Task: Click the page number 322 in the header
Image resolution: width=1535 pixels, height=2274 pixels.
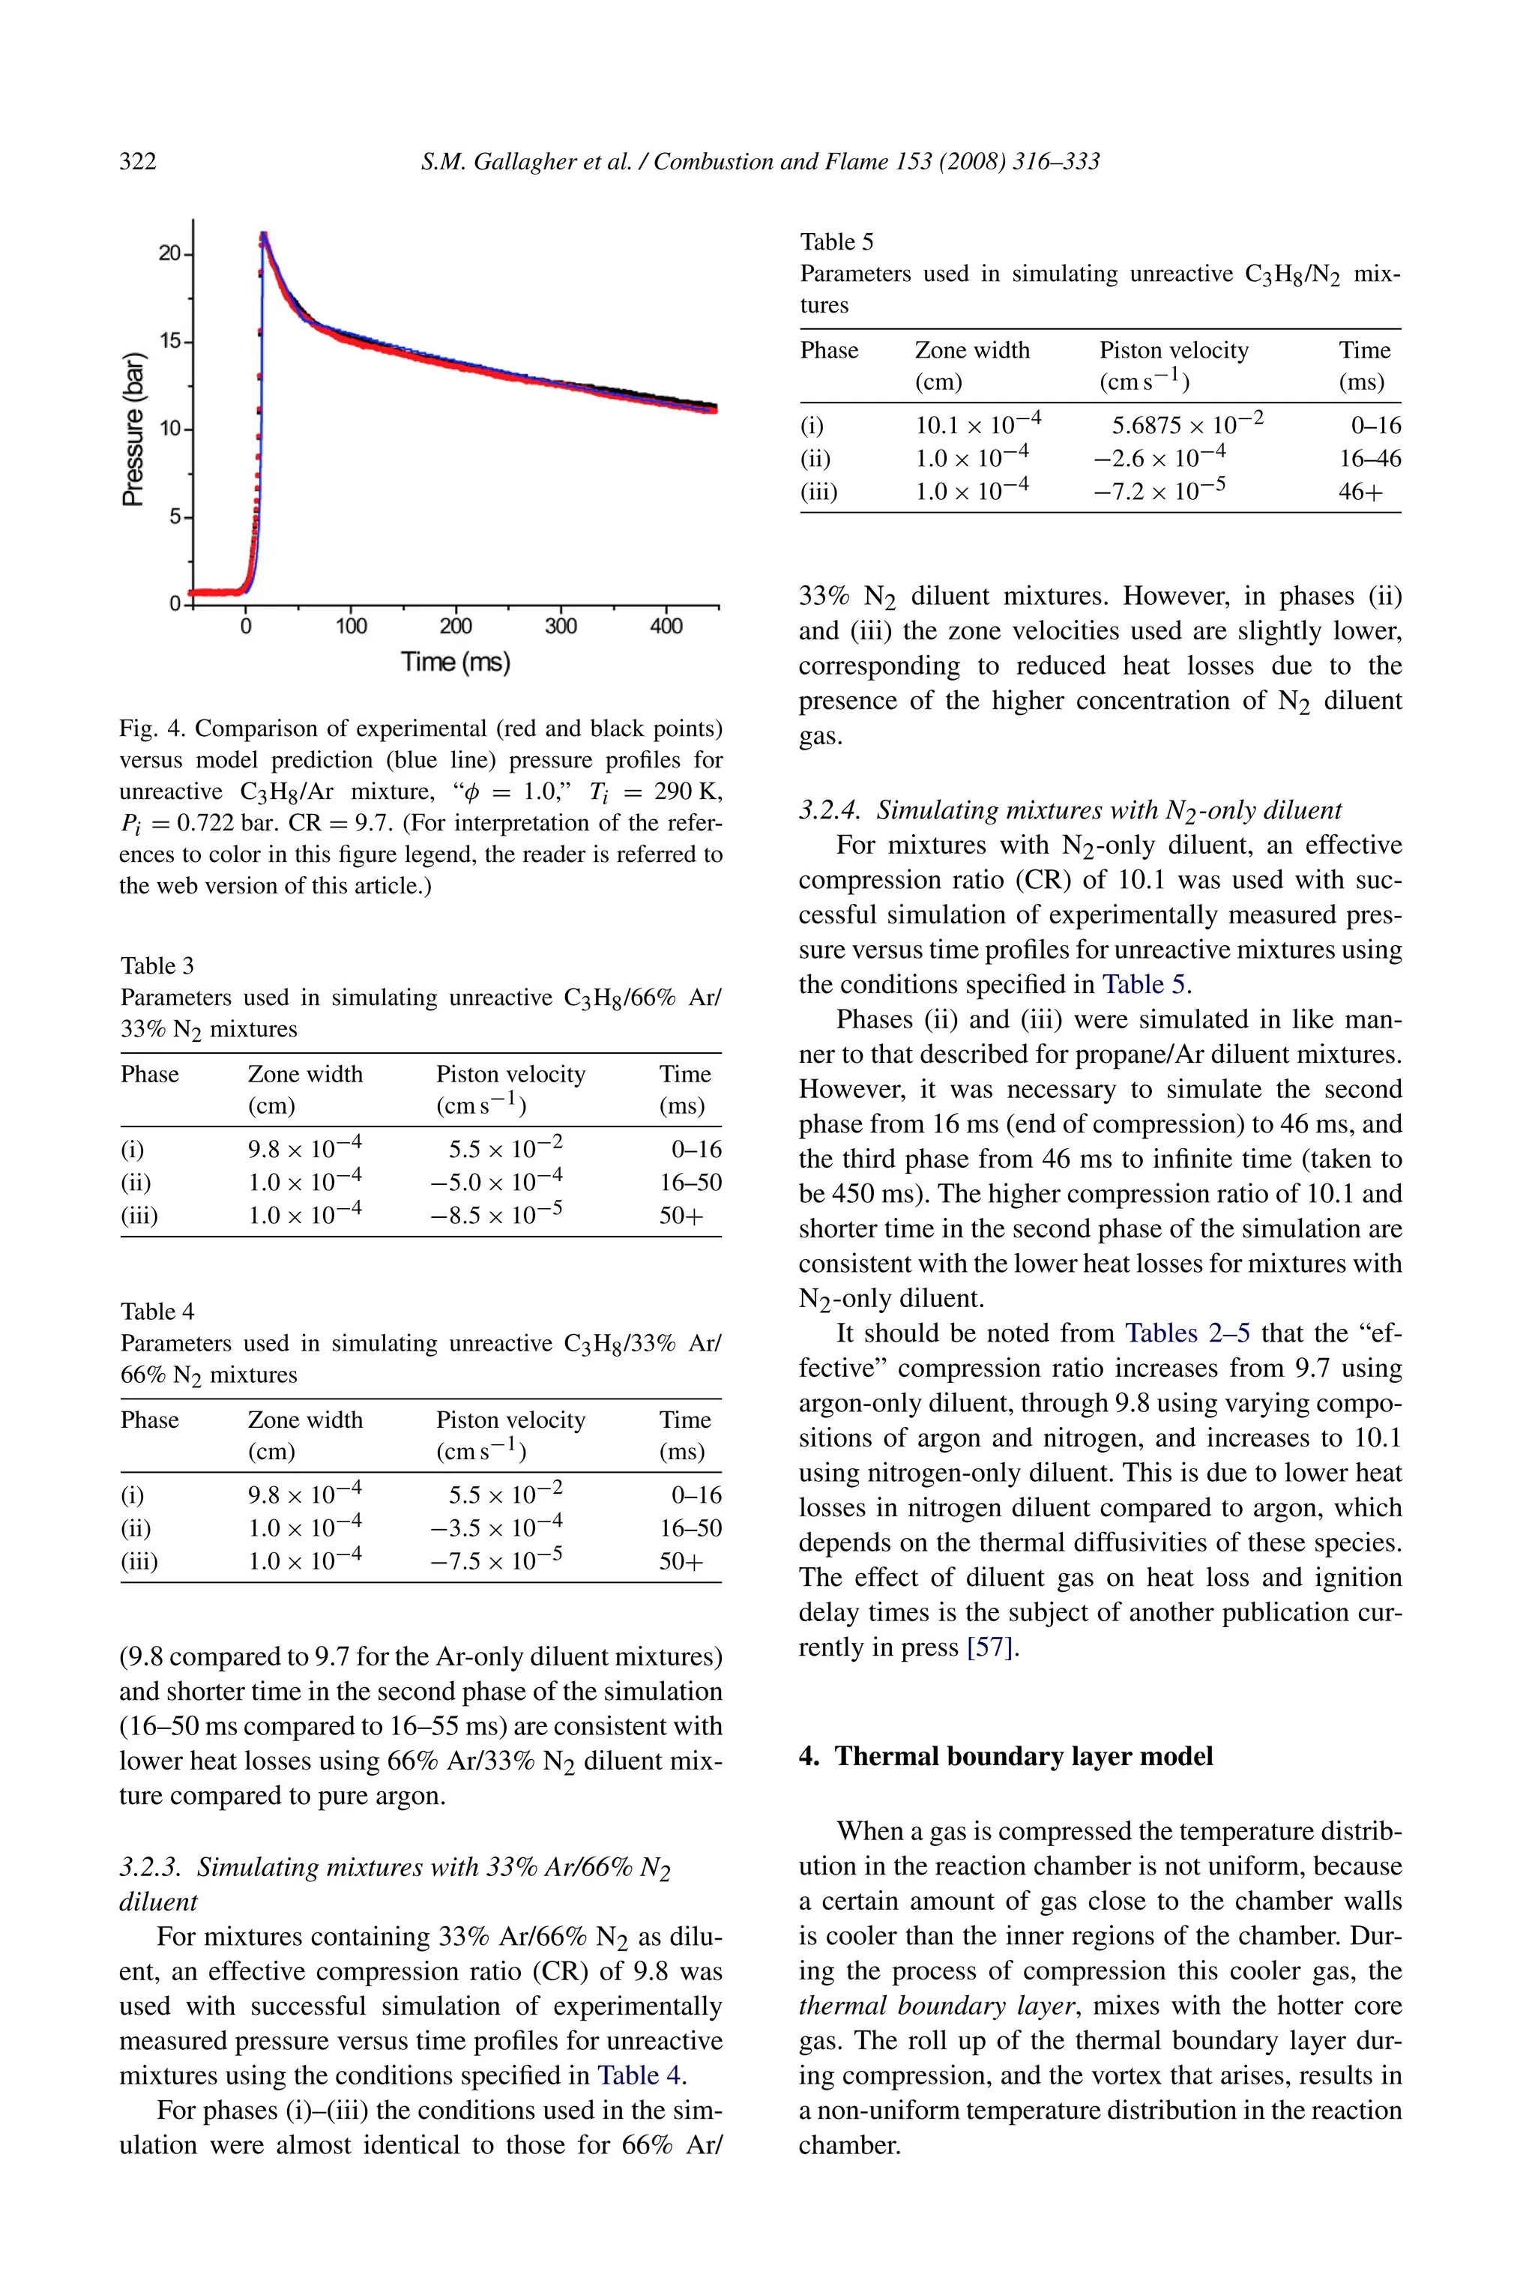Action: point(137,161)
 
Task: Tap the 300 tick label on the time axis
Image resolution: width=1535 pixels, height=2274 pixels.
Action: point(561,627)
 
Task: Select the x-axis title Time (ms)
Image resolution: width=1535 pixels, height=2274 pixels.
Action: point(455,663)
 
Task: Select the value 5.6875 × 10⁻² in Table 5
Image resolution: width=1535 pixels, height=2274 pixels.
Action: point(1186,425)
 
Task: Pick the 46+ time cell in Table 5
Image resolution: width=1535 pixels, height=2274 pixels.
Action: point(1360,491)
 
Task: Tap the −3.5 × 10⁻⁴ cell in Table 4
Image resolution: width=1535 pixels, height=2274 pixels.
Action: point(496,1527)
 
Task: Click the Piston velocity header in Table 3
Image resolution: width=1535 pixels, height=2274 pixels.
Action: point(510,1074)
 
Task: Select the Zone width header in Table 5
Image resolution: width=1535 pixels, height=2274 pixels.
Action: point(971,350)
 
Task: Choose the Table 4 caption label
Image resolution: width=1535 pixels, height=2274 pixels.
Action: point(157,1311)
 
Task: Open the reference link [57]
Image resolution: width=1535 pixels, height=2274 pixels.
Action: point(989,1647)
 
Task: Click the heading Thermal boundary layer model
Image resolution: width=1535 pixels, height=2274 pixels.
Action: point(1022,1756)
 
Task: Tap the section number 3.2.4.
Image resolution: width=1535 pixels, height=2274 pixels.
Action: point(830,810)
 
